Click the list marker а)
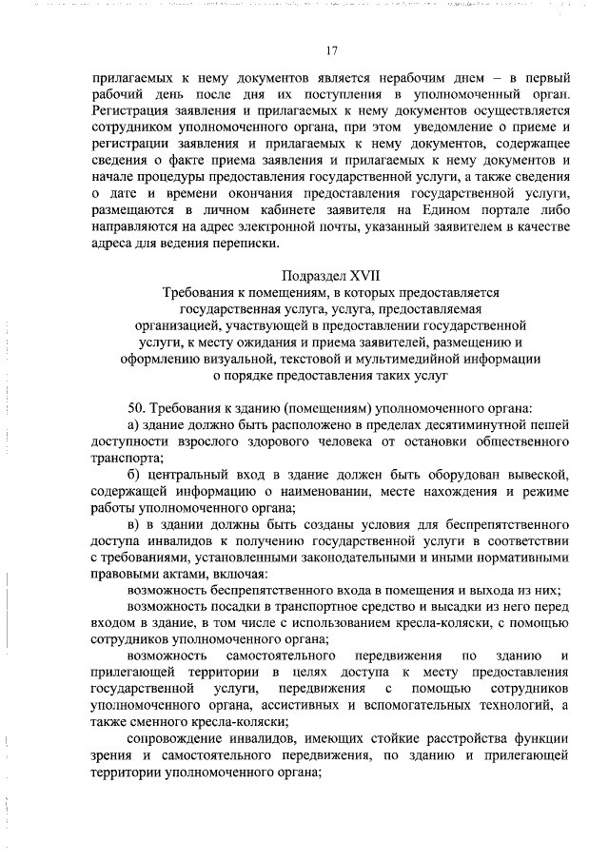pyautogui.click(x=135, y=424)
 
